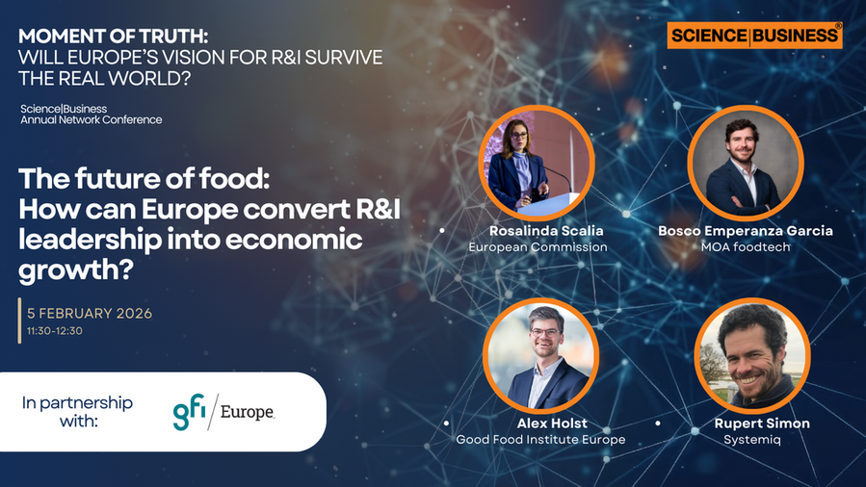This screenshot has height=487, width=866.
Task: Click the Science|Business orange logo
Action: tap(754, 36)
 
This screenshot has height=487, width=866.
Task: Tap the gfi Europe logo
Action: tap(223, 412)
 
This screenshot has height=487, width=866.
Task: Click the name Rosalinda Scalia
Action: tap(546, 231)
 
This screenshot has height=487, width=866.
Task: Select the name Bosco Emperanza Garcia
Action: tap(745, 231)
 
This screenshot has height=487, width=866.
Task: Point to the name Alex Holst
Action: tap(552, 423)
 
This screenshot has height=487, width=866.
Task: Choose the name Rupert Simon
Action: tap(762, 423)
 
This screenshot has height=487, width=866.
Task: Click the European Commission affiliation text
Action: tap(538, 246)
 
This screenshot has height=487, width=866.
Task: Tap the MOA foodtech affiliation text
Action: tap(745, 246)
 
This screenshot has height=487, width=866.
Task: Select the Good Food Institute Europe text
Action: tap(540, 439)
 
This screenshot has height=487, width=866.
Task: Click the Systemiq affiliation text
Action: tap(751, 440)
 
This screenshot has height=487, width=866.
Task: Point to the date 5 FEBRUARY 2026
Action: tap(90, 313)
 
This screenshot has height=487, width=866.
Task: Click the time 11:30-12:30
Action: tap(55, 331)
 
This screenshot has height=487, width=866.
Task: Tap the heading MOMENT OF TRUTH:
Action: tap(114, 36)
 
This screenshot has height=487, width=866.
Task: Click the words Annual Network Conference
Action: tap(92, 119)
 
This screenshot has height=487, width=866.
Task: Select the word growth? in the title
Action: tap(76, 269)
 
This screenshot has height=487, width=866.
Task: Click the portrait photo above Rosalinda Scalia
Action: tap(537, 164)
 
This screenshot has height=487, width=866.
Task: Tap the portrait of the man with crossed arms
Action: tap(746, 164)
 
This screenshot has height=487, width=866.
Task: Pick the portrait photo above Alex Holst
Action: tap(540, 356)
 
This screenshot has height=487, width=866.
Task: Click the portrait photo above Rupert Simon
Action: tap(752, 356)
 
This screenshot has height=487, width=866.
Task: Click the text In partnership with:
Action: tap(77, 411)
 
